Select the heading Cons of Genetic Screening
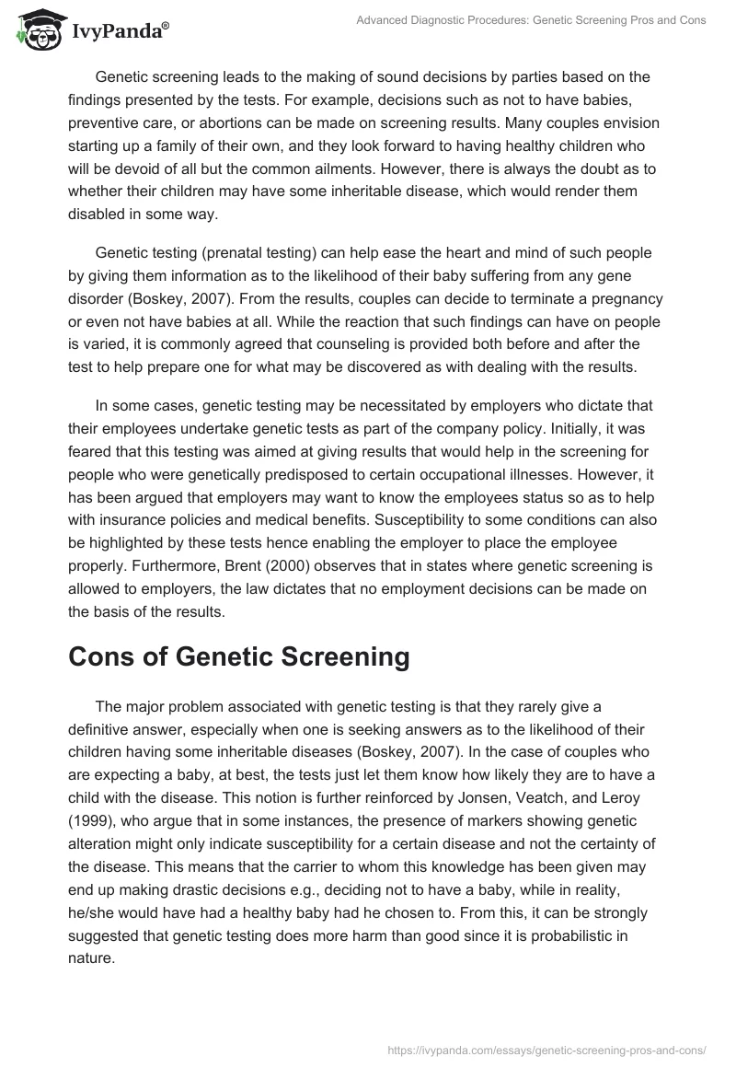coord(239,656)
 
